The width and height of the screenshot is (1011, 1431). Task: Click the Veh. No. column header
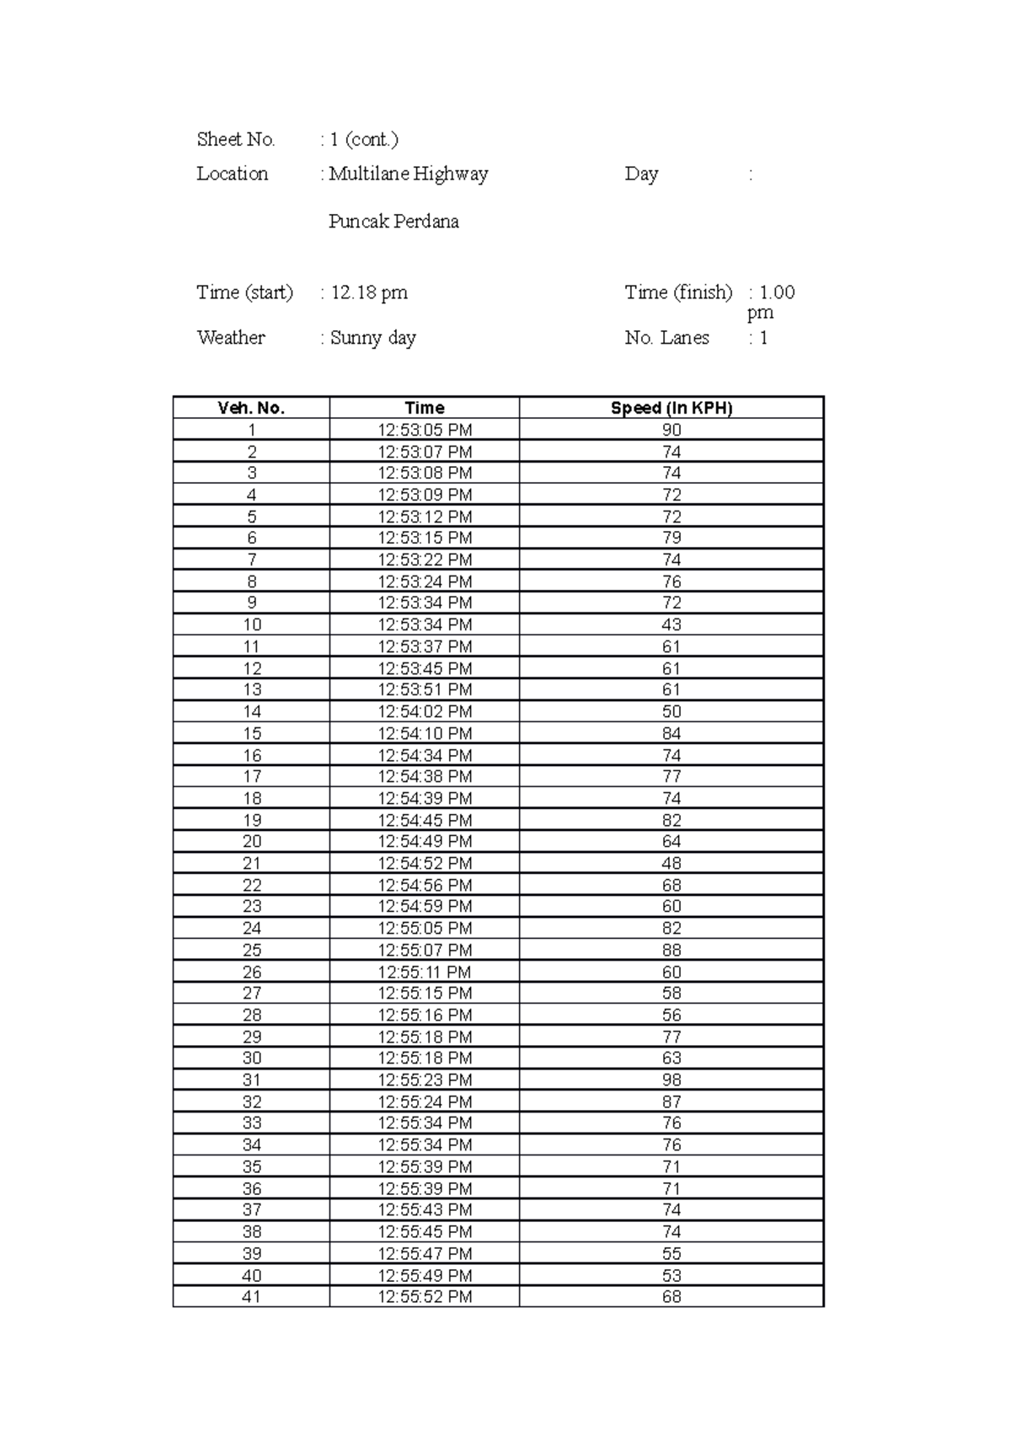251,408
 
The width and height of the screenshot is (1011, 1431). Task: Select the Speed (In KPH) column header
671,408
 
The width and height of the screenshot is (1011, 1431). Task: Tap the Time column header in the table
425,408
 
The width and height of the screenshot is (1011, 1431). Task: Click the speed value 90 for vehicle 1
671,430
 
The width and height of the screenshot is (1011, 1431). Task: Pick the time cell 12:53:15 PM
425,538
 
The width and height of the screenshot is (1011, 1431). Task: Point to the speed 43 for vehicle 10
671,624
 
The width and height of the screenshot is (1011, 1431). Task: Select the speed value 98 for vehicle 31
671,1080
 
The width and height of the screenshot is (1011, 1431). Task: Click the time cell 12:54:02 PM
425,711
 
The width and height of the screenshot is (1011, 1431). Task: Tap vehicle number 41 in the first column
251,1296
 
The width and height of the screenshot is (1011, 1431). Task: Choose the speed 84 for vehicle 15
671,733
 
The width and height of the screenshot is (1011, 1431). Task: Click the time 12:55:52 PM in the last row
425,1296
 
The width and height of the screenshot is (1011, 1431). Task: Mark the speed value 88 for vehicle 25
671,950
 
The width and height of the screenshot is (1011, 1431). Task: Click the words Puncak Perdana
393,222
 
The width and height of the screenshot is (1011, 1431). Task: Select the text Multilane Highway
409,174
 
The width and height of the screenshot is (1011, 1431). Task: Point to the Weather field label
231,337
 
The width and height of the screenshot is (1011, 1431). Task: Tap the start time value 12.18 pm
369,292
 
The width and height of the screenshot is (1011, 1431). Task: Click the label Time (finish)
678,292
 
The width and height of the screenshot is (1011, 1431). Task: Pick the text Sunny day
373,338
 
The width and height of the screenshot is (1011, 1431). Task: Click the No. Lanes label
666,337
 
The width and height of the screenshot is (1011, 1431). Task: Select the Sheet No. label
236,139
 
